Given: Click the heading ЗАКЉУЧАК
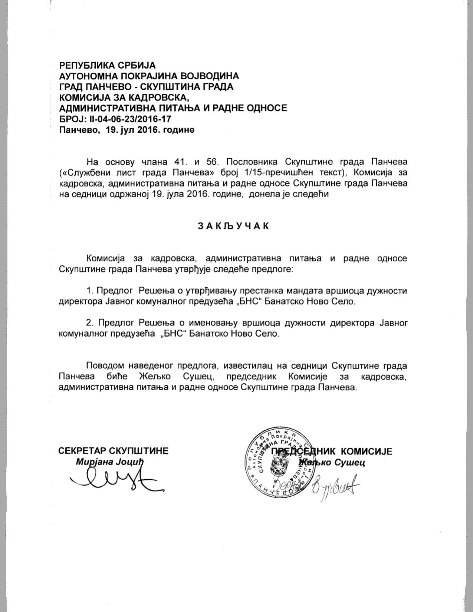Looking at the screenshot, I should click(233, 226).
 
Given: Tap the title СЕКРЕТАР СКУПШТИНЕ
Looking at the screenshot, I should click(113, 451).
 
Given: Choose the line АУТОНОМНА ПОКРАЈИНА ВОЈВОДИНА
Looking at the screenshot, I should click(149, 76).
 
